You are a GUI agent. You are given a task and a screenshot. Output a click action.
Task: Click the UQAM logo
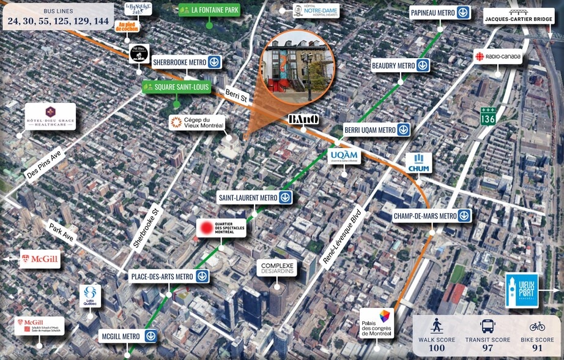[x=344, y=157]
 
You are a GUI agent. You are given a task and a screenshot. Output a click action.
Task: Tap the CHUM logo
[x=419, y=163]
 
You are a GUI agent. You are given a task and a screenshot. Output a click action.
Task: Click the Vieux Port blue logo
[x=521, y=290]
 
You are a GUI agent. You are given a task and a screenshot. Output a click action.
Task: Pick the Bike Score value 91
[x=537, y=348]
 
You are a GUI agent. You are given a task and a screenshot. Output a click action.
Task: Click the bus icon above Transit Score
[x=488, y=326]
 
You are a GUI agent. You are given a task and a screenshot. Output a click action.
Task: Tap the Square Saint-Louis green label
[x=177, y=88]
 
